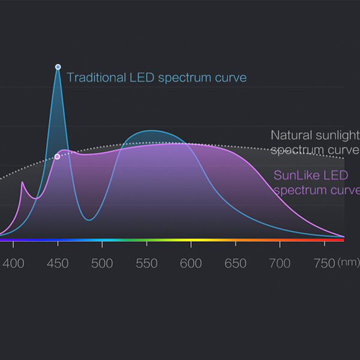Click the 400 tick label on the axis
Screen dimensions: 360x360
(13, 263)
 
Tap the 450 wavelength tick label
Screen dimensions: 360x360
(58, 263)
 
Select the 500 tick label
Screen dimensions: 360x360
(103, 263)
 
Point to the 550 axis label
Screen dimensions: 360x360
(146, 263)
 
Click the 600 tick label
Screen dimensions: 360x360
(191, 263)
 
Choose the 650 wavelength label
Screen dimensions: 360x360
(235, 263)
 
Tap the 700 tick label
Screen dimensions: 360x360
(280, 263)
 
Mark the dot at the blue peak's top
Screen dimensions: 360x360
(58, 67)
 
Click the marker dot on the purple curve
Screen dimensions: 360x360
(57, 157)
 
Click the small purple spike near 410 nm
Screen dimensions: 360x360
(22, 182)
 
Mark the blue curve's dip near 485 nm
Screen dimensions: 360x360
(89, 220)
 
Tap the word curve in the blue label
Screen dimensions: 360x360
(230, 77)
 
